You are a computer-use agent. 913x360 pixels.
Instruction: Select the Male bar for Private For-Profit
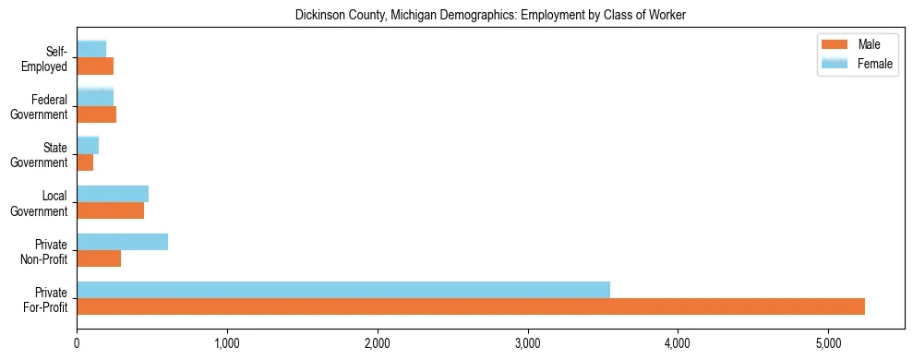click(471, 306)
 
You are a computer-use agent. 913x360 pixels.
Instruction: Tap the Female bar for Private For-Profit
click(343, 290)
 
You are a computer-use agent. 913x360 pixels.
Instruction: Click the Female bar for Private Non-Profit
click(122, 242)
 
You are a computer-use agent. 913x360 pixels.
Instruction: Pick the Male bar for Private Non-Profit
click(99, 258)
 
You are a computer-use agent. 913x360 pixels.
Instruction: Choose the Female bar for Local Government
click(113, 194)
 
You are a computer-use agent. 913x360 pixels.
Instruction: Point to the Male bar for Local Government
click(110, 210)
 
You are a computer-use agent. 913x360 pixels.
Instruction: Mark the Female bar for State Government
click(88, 146)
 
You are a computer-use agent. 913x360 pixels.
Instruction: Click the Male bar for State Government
click(85, 162)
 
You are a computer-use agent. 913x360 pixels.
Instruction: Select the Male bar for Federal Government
click(96, 114)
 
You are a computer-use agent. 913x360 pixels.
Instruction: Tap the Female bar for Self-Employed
click(91, 49)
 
